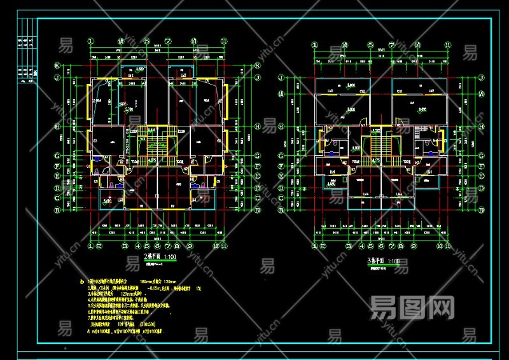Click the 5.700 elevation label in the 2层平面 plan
tap(129, 109)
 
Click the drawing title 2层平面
tap(152, 256)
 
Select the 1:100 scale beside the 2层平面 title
tap(171, 257)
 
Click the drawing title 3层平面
tap(375, 261)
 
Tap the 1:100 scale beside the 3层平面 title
tap(393, 261)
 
